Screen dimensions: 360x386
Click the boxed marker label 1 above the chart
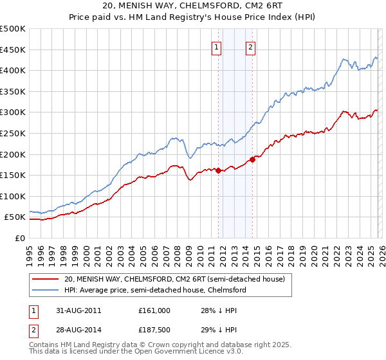click(217, 47)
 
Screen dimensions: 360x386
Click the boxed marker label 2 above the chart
click(250, 47)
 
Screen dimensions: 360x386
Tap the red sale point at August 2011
click(218, 170)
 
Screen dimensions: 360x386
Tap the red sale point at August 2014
click(252, 159)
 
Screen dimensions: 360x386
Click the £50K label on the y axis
click(15, 217)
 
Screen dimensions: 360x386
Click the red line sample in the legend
click(46, 279)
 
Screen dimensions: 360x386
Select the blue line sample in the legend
click(46, 291)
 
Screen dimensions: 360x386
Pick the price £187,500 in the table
click(154, 329)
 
